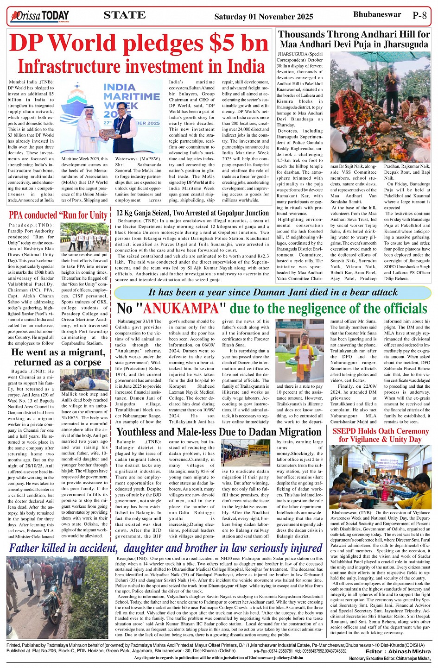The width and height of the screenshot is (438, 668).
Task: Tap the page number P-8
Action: (419, 15)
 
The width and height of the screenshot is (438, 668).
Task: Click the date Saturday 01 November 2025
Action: (264, 17)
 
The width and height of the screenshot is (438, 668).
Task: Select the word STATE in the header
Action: (125, 15)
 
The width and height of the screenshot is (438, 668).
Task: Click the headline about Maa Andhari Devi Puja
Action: (354, 39)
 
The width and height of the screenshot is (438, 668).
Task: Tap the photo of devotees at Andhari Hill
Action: (380, 107)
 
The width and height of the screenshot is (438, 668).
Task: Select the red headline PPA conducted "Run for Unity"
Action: (58, 215)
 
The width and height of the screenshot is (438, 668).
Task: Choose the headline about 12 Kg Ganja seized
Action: (192, 213)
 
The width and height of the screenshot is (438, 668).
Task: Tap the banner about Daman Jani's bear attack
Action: (273, 292)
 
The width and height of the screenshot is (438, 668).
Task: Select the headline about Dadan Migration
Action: (219, 432)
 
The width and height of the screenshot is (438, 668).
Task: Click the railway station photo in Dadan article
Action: (246, 452)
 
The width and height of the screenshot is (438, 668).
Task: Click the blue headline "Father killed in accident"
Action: (165, 548)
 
